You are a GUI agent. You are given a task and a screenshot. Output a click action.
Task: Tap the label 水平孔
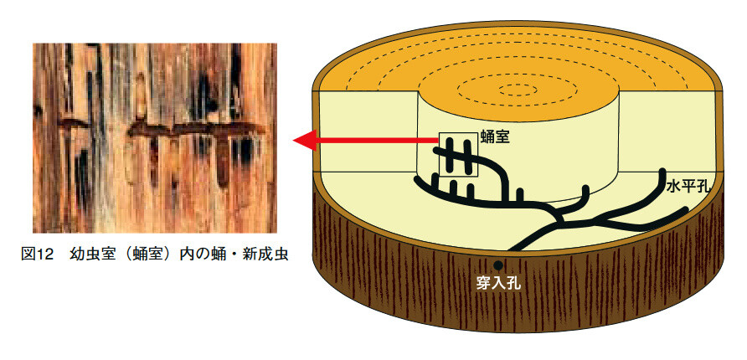pos(688,188)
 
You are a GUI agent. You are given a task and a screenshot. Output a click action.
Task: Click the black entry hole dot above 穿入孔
pos(499,265)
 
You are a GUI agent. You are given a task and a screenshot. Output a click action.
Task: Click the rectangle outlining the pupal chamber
pos(457,154)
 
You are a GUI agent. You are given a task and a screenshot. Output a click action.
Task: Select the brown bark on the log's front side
pos(402,276)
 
